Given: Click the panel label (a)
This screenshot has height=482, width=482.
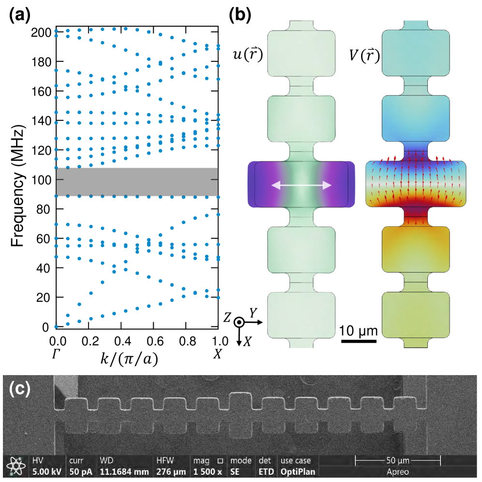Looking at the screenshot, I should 20,15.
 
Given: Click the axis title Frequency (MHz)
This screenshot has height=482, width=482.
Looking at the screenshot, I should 18,187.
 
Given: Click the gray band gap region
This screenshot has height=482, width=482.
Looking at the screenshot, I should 137,182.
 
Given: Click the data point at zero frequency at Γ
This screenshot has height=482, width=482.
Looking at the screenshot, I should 56,327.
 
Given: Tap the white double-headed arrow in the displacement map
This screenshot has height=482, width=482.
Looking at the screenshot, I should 301,185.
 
